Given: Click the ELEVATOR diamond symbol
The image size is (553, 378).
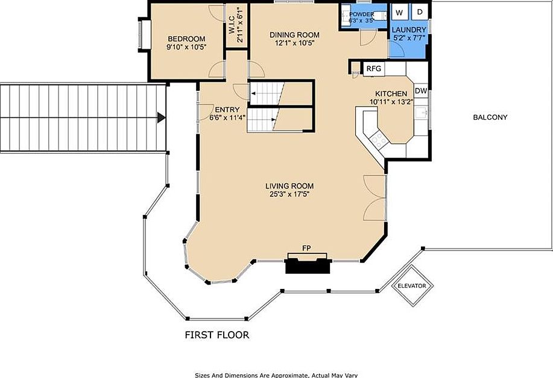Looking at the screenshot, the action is coord(412,285).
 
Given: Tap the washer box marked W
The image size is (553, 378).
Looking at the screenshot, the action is coord(399,13).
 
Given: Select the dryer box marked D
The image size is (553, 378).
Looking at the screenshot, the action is coord(420,12).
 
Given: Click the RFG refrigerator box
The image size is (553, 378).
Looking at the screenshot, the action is coord(374,69).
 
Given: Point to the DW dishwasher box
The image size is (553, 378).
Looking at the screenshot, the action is coord(421,91).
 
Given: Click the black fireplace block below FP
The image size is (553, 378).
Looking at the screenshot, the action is coord(308,265).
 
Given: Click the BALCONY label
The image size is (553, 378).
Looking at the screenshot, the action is coord(490,117).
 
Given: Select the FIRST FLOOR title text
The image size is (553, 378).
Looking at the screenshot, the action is coord(217,335).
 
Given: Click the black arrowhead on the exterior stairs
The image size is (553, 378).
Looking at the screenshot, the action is coord(161,117).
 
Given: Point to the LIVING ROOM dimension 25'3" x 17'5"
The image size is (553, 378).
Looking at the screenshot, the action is coord(289,194).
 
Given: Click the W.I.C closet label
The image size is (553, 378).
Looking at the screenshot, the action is coord(232,25).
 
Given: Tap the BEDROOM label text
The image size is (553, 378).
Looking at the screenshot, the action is coord(186,39).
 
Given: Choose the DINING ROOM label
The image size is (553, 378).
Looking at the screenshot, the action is coord(294,35).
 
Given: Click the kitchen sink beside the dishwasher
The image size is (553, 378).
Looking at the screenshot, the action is coord(421,113).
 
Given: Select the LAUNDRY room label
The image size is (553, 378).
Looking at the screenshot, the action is coord(409,30).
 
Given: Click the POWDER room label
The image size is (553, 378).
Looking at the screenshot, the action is coord(361,14).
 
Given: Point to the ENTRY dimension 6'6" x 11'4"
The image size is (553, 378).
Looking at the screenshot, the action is coord(227,117).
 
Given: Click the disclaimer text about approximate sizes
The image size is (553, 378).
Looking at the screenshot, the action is coord(276,375).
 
